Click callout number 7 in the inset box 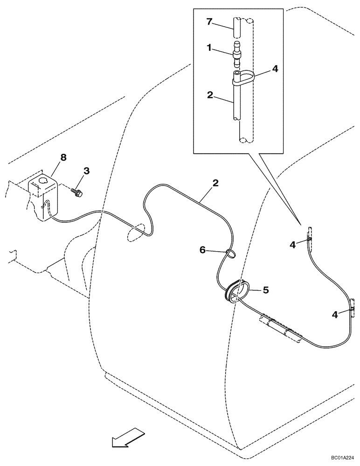pos(210,21)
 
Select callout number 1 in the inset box pos(210,48)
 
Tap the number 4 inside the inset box pos(275,69)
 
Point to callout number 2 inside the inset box pos(210,95)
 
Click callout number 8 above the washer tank pos(63,158)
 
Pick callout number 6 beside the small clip pos(203,250)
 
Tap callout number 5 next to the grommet pos(265,290)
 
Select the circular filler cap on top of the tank pos(44,180)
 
